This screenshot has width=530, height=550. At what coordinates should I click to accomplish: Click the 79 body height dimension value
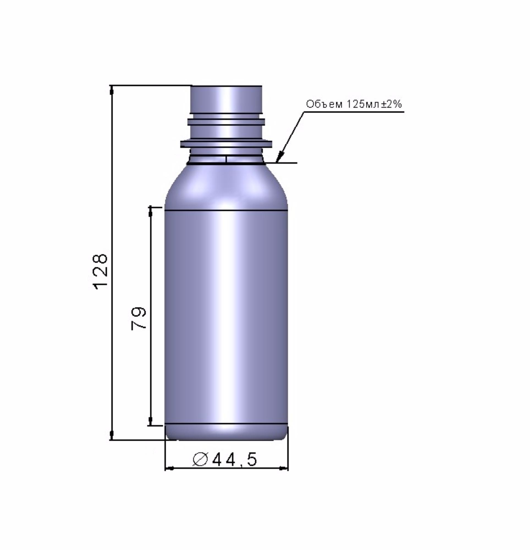[139, 318]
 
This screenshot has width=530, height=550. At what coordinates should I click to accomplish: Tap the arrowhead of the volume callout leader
[279, 157]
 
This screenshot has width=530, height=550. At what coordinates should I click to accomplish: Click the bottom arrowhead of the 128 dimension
[112, 435]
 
